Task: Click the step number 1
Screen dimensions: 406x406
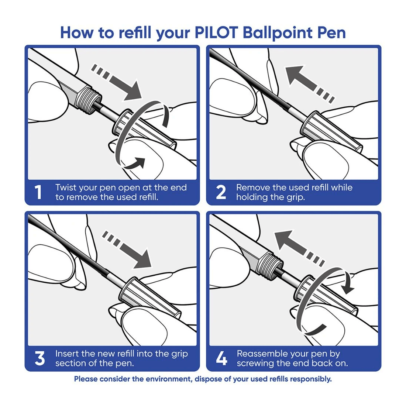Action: (x=38, y=193)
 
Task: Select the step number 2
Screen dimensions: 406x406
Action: (x=220, y=193)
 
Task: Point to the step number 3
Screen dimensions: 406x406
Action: (x=39, y=359)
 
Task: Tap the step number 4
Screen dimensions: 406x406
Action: (x=221, y=359)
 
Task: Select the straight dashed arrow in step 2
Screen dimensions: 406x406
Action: (x=310, y=83)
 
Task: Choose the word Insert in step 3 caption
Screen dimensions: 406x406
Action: (x=67, y=354)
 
